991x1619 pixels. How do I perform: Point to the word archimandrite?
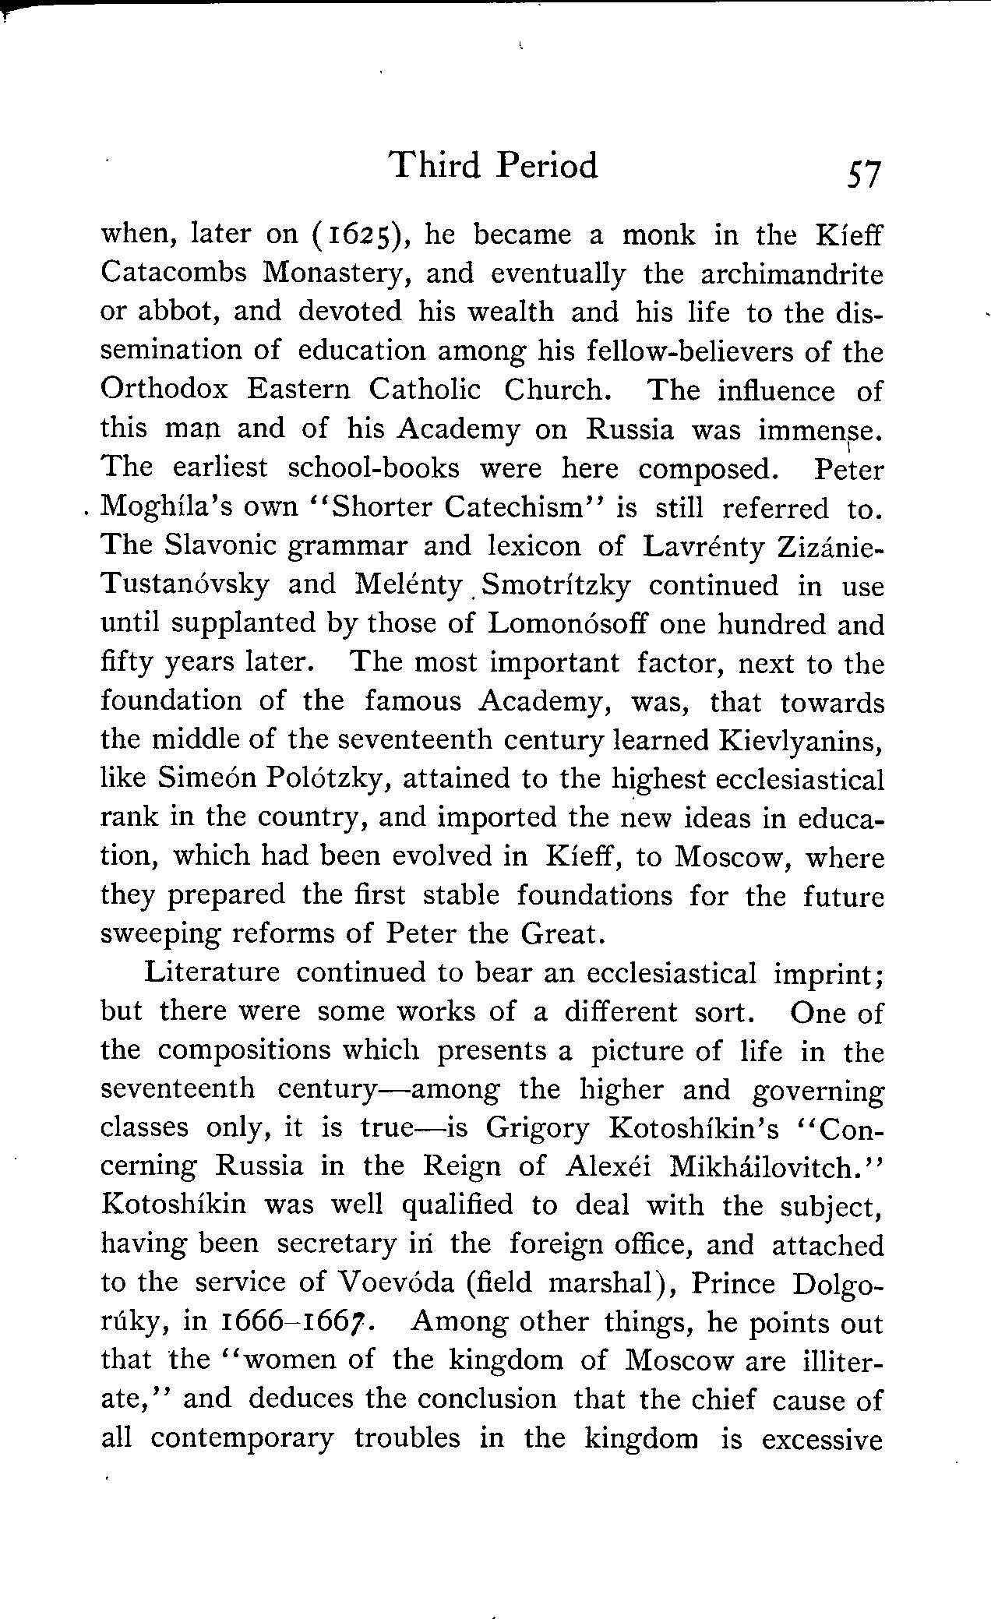pos(792,274)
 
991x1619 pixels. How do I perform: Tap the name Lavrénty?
pos(705,546)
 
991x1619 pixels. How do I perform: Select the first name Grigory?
pos(538,1127)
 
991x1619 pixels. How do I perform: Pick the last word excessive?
pos(823,1438)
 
